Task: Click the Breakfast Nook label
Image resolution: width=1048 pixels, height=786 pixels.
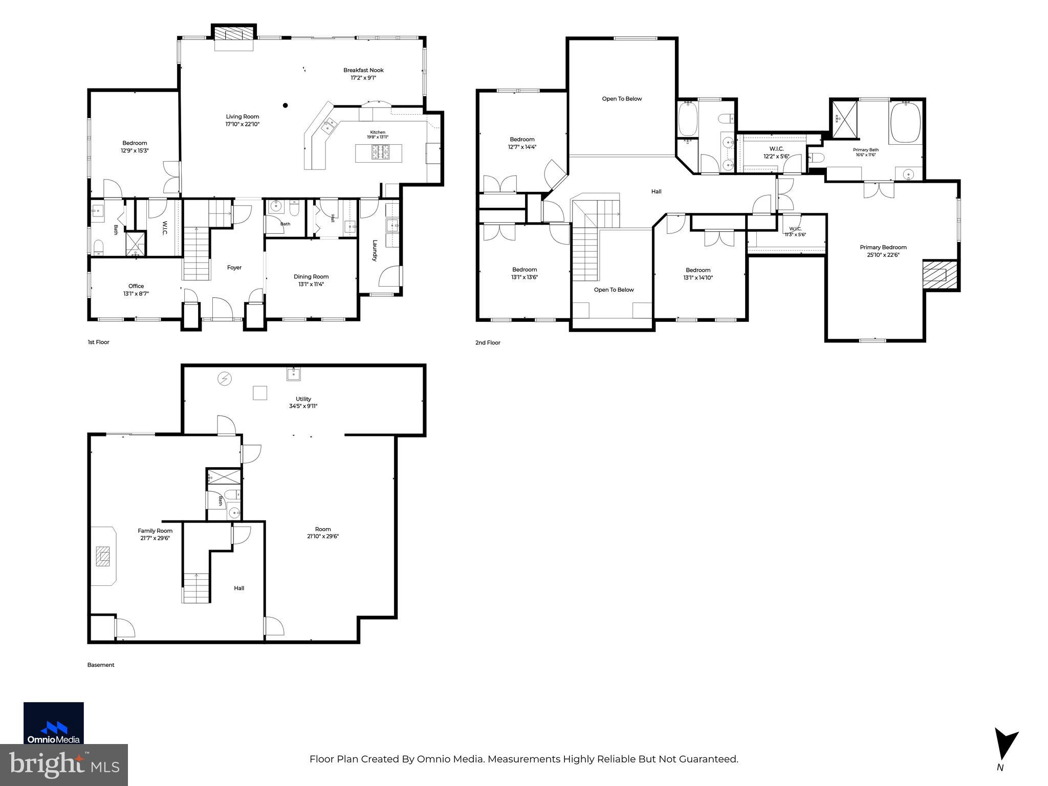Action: click(x=363, y=70)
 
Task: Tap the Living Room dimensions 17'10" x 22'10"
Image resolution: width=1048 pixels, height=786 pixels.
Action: click(x=243, y=124)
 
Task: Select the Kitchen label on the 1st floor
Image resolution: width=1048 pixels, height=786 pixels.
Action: click(x=378, y=133)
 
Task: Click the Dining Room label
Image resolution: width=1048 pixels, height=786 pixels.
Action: click(x=311, y=277)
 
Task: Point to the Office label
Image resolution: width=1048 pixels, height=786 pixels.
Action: click(x=136, y=286)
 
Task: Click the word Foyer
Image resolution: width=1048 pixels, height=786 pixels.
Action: click(x=234, y=267)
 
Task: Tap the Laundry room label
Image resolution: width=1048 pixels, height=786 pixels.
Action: click(x=375, y=251)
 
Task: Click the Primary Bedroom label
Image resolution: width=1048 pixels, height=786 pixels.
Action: click(x=883, y=247)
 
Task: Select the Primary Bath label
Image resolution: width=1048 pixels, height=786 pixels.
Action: click(x=866, y=150)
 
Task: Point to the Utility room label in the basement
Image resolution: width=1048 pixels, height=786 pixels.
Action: click(x=303, y=399)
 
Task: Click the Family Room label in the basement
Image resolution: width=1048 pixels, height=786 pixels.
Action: click(x=155, y=531)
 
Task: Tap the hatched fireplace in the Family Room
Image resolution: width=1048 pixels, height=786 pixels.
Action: click(x=103, y=556)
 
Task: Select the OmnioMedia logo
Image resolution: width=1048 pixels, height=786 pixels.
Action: click(x=54, y=723)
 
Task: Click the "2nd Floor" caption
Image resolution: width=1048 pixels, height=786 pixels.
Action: click(x=488, y=343)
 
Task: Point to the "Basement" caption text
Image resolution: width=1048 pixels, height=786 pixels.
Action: click(x=101, y=665)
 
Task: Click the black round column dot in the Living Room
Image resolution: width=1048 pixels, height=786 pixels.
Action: click(x=286, y=105)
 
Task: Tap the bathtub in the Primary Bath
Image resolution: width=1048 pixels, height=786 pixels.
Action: click(x=905, y=123)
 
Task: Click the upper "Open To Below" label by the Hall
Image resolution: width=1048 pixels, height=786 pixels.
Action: click(x=622, y=99)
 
